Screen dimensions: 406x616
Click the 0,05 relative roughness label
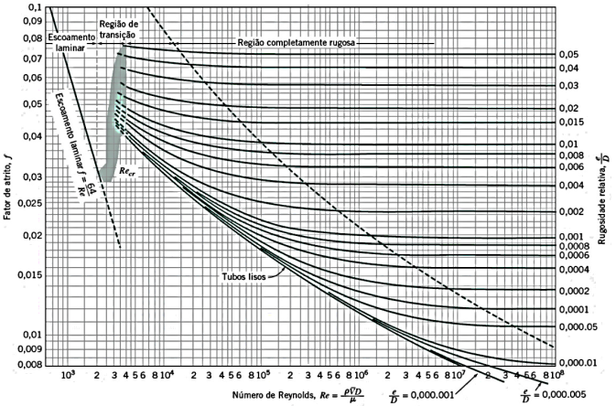pos(567,55)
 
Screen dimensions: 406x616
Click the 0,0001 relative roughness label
pos(572,310)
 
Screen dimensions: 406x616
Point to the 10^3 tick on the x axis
pos(67,375)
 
